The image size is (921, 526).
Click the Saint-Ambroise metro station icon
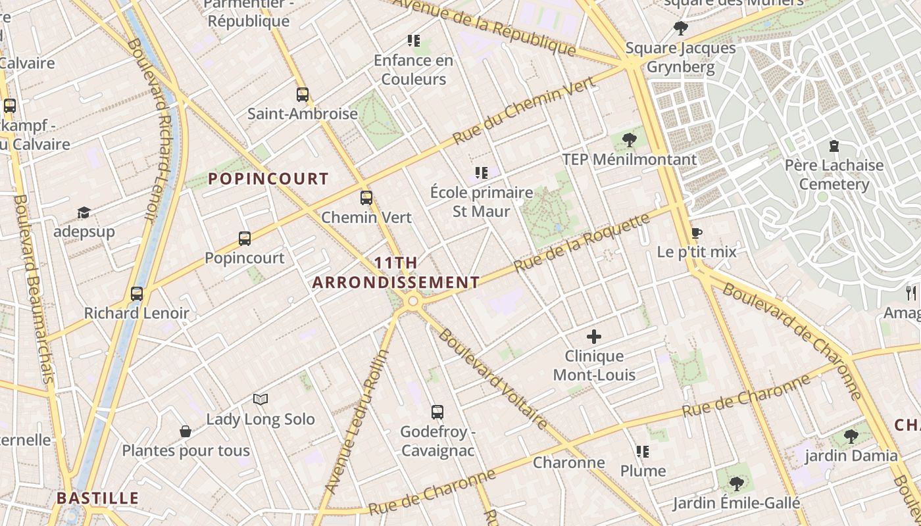click(x=303, y=95)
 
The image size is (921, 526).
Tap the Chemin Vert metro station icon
click(x=366, y=198)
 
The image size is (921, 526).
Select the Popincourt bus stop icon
click(x=245, y=239)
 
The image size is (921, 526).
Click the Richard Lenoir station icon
click(x=137, y=294)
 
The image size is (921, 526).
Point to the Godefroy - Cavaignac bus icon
click(x=437, y=412)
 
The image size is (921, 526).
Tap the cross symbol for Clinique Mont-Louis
click(x=594, y=337)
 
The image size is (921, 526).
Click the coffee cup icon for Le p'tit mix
click(x=697, y=233)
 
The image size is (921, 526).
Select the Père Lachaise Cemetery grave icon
click(x=834, y=146)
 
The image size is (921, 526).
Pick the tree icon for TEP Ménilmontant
click(x=630, y=139)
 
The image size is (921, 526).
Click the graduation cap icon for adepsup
click(x=84, y=212)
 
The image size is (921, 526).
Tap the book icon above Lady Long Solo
click(x=261, y=399)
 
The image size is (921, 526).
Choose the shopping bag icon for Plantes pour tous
click(x=186, y=431)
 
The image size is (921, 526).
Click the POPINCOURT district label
click(x=268, y=179)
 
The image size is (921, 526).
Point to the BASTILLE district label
click(x=98, y=498)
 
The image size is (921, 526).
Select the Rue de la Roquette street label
click(x=582, y=243)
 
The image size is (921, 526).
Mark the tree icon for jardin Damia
click(x=851, y=436)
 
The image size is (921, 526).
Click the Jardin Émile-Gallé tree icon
click(x=737, y=484)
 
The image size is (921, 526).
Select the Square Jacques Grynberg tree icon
click(x=681, y=28)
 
